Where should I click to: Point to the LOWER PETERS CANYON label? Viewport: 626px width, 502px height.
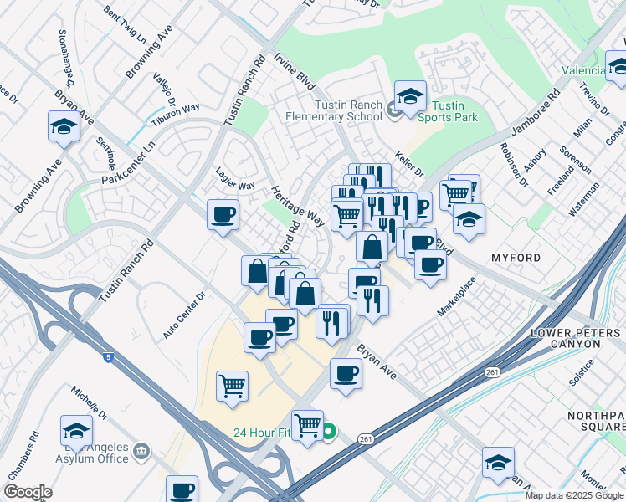click(x=577, y=339)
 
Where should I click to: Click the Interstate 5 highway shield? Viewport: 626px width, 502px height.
click(x=107, y=357)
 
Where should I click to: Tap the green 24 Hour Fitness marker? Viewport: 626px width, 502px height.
click(x=329, y=432)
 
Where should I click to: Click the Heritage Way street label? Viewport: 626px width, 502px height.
click(x=297, y=206)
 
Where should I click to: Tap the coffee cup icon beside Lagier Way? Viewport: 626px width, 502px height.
click(x=223, y=215)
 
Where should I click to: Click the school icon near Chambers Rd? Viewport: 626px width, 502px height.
click(x=76, y=431)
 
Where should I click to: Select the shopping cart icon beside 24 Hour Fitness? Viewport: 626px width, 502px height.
click(x=307, y=425)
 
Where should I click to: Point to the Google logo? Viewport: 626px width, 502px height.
click(x=28, y=492)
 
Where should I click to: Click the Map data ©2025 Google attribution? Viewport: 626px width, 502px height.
click(x=574, y=495)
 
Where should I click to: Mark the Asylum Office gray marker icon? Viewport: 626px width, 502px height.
click(x=141, y=452)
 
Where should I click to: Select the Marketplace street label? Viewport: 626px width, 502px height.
click(x=457, y=297)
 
